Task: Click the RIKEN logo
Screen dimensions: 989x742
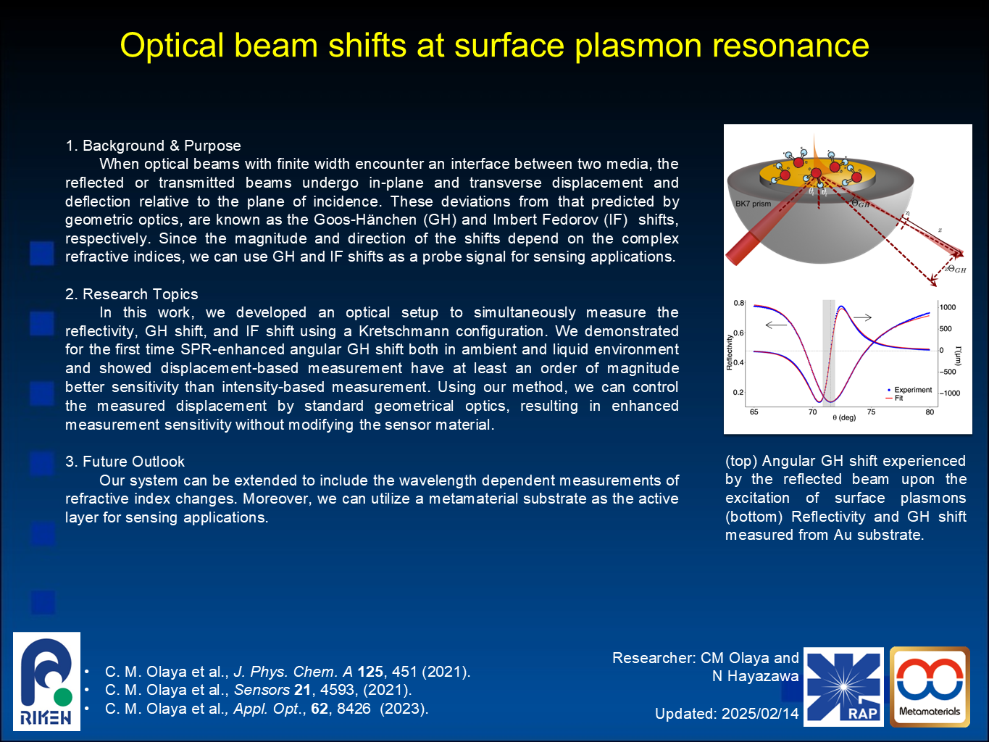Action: click(x=46, y=681)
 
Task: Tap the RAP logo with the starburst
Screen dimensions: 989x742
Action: click(x=843, y=687)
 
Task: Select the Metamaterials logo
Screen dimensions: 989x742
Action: click(x=930, y=687)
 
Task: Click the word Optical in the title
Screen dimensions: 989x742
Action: click(x=172, y=46)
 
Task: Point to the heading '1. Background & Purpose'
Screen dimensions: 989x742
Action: click(x=153, y=146)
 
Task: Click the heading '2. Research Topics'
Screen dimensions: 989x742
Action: click(x=132, y=294)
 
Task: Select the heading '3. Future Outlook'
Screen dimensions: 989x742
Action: click(x=125, y=462)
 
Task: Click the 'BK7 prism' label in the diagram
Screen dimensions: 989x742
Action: click(x=753, y=204)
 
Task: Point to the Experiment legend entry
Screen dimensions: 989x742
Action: click(x=910, y=390)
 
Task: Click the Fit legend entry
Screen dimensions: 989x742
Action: click(x=895, y=399)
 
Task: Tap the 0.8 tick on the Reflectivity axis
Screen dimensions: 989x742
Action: click(x=738, y=303)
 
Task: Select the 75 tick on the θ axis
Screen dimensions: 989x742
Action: click(x=872, y=412)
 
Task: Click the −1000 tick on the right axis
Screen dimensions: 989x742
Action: click(x=950, y=393)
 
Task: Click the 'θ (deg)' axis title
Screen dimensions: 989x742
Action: click(x=844, y=417)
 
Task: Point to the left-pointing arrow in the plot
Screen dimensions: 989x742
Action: click(x=776, y=325)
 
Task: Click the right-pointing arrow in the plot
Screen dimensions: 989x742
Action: click(x=862, y=317)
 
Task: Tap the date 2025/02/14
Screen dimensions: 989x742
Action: click(x=760, y=714)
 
